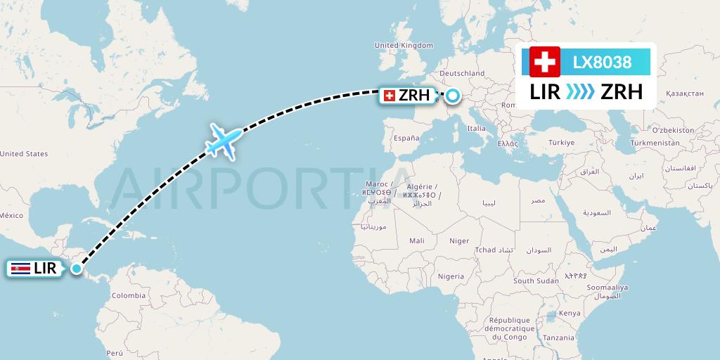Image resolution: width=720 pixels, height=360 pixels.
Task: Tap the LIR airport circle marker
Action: [x=76, y=268]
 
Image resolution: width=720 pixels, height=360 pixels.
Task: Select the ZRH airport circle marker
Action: [x=452, y=96]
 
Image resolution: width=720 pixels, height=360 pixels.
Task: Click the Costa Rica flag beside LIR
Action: [x=21, y=268]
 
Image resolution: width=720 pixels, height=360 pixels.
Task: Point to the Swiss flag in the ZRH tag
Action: [x=390, y=96]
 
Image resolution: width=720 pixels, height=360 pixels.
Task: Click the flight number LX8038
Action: [x=602, y=63]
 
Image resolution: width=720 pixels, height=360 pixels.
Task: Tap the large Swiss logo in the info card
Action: [x=544, y=63]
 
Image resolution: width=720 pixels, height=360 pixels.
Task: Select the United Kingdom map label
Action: [x=404, y=45]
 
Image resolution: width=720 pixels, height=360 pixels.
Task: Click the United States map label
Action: [x=24, y=153]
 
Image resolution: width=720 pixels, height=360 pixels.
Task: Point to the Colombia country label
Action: [x=129, y=295]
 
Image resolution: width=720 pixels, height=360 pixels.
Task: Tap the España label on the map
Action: [x=406, y=139]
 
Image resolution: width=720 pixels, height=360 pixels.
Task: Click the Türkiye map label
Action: [x=562, y=142]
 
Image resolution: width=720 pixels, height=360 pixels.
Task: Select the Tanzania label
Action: [x=558, y=337]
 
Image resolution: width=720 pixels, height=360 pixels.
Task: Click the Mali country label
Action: [x=416, y=240]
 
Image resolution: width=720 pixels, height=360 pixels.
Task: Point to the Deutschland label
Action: [x=462, y=73]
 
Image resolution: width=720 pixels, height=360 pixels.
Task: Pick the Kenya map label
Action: [x=570, y=313]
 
